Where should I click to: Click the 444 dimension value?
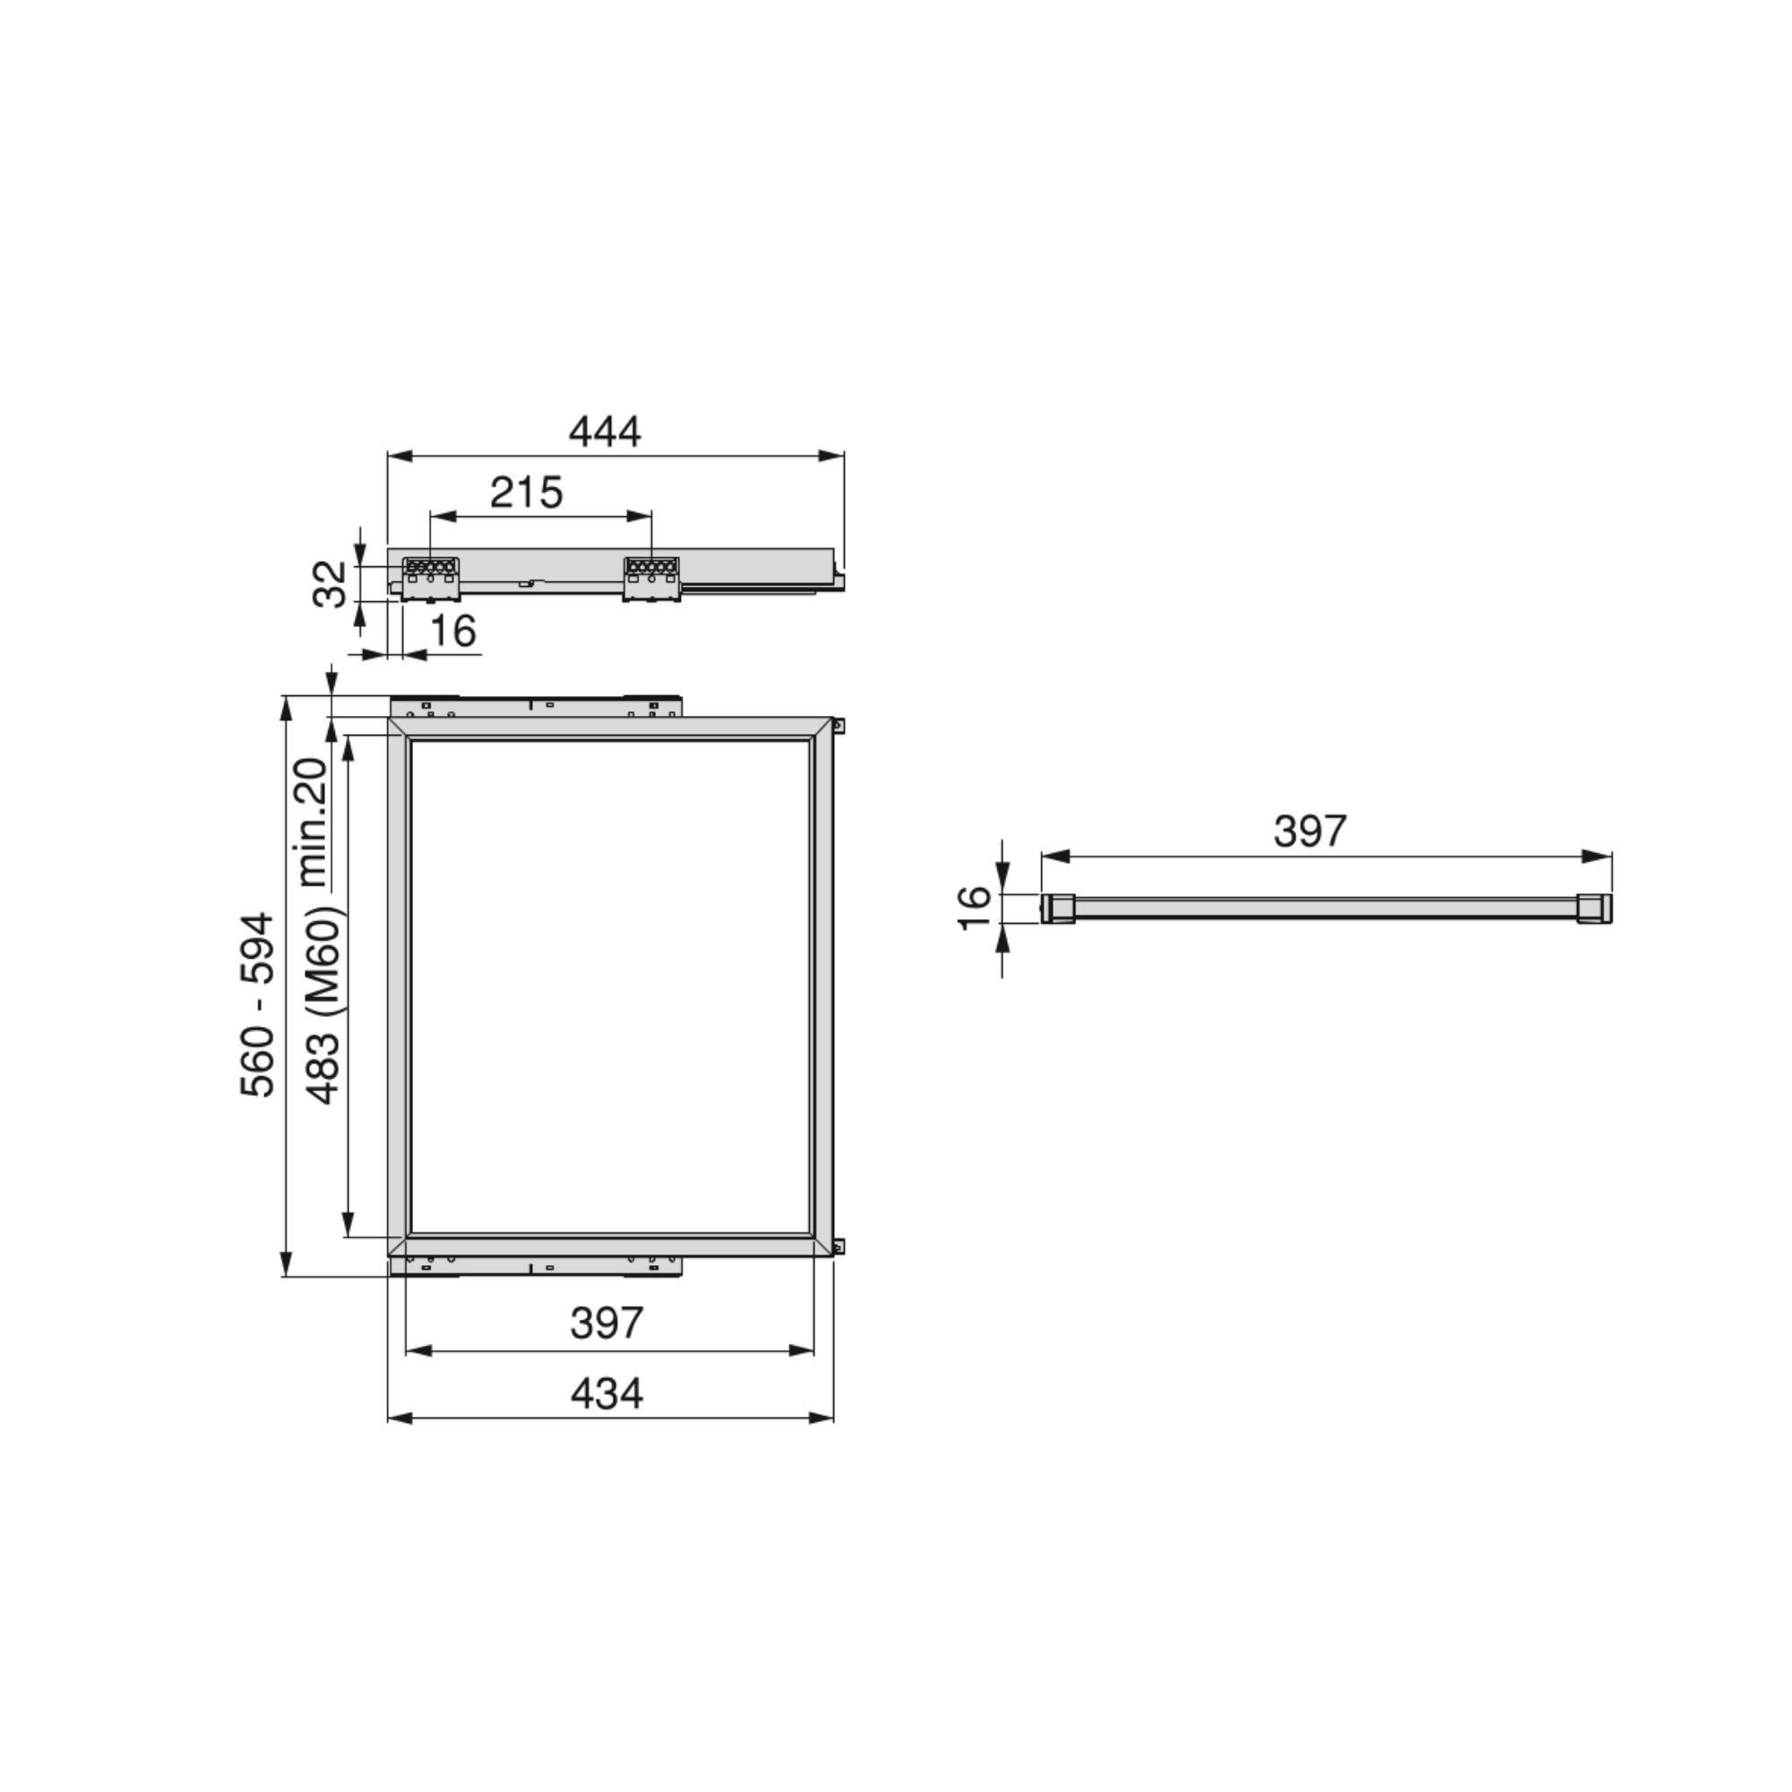coord(605,432)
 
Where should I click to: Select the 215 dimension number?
coord(526,493)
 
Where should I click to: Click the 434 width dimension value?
coord(607,1394)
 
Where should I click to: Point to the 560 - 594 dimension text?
coord(258,1005)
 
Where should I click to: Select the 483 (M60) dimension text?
coord(324,1005)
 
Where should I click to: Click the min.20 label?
coord(313,822)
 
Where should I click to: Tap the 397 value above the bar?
coord(1309,831)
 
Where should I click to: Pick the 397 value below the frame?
coord(607,1323)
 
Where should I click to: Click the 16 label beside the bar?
coord(974,908)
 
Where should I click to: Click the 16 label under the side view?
coord(453,632)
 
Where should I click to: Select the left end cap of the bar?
coord(1057,908)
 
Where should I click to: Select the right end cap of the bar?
coord(1593,908)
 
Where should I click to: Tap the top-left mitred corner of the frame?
coord(399,728)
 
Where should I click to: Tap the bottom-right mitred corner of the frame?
coord(822,1245)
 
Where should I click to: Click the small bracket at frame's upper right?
coord(839,726)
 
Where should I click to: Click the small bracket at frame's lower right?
coord(839,1247)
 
